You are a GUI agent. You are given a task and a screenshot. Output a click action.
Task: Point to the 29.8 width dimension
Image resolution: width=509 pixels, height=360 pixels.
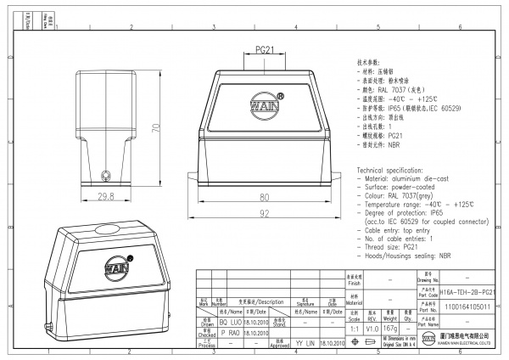106,197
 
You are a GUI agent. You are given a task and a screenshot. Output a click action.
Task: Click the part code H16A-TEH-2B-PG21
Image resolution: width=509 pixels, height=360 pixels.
468,290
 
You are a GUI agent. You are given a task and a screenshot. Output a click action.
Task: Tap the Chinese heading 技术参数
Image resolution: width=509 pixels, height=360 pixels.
371,62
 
